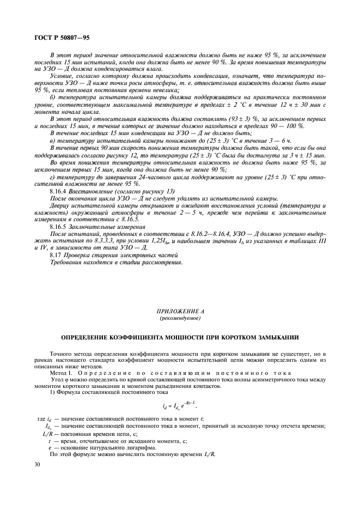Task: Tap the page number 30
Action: click(36, 464)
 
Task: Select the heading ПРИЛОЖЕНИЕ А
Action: click(180, 310)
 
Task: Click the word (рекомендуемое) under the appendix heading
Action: click(180, 317)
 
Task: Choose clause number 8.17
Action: click(55, 254)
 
